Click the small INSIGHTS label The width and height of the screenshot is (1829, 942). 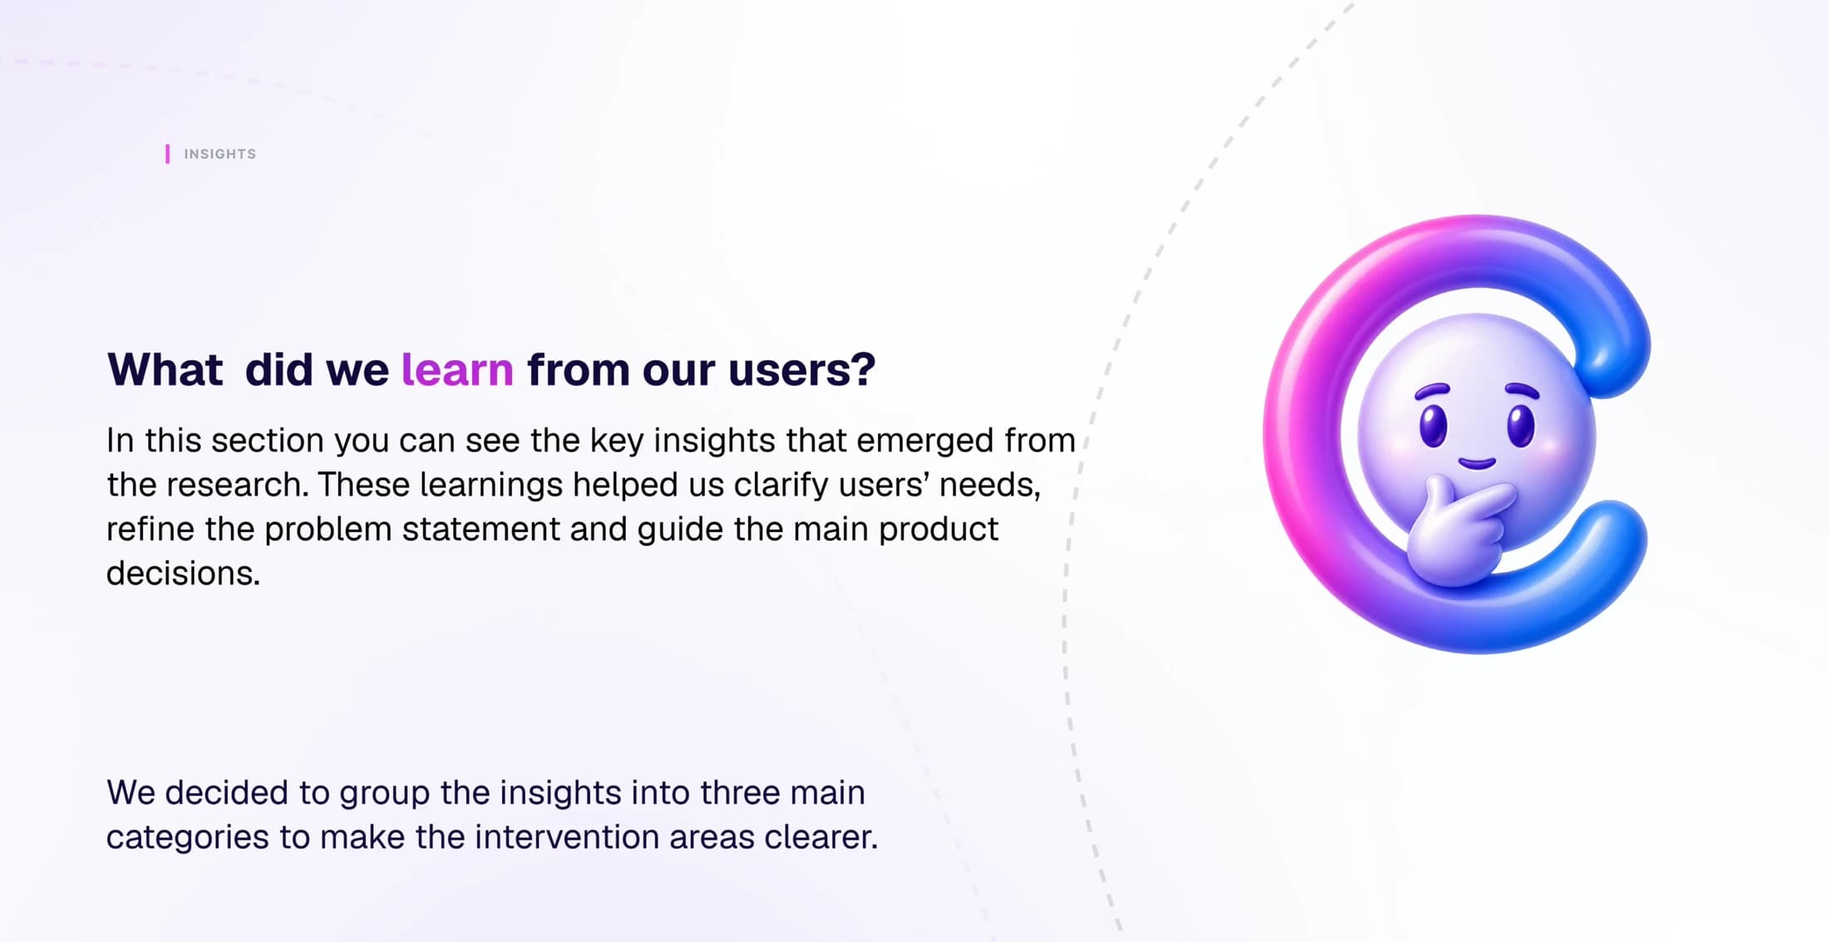pos(219,154)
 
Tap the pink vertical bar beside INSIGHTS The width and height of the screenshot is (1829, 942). pos(167,154)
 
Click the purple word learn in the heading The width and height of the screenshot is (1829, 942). pos(457,369)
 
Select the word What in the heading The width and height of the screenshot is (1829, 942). pos(165,369)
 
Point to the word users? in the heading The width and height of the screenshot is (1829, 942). pos(801,370)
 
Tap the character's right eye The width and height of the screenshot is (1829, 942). pos(1521,425)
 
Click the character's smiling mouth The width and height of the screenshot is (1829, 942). pos(1477,463)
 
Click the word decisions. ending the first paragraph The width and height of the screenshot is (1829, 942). pos(183,573)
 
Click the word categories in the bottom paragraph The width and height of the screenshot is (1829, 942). pos(187,838)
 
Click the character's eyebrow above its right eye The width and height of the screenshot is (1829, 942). pos(1522,390)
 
